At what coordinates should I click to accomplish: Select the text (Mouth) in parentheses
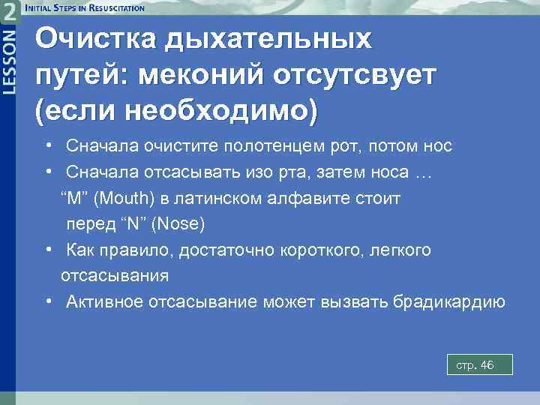(x=123, y=199)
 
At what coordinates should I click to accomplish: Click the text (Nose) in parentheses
(x=178, y=224)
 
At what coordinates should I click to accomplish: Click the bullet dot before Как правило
(x=48, y=250)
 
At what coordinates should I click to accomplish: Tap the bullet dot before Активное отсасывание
(x=48, y=301)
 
